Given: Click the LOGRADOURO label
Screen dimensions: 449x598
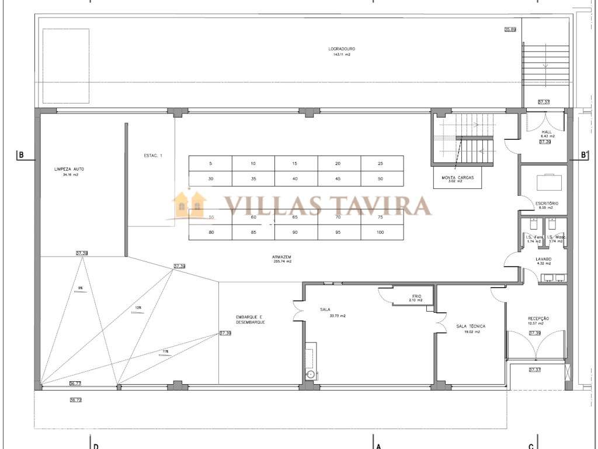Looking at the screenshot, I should (342, 49).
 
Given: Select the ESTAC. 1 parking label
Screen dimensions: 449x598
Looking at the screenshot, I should (153, 156).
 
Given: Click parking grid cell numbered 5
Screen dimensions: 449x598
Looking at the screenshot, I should (210, 163).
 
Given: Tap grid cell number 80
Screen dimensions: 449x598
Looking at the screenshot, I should (210, 233).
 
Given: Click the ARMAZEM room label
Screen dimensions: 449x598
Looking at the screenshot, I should (281, 257).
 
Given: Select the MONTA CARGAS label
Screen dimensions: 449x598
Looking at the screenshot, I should (458, 177).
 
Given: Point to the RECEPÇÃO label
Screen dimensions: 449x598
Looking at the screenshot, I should (537, 319).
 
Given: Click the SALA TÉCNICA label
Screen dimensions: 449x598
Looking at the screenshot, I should (471, 326).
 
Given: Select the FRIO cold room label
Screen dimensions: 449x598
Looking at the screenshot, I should (416, 296).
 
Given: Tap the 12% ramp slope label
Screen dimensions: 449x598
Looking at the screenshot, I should (138, 308).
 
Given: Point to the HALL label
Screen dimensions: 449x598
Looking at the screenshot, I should (547, 132).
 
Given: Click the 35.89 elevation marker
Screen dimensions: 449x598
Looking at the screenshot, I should (510, 29).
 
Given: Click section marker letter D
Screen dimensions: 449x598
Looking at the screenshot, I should (95, 446).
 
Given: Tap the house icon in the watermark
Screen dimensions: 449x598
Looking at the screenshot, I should (190, 203).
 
